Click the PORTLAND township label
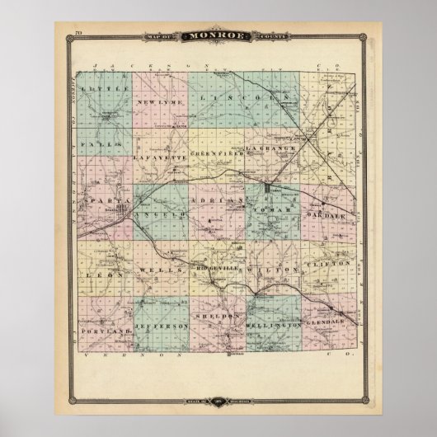[108, 329]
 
